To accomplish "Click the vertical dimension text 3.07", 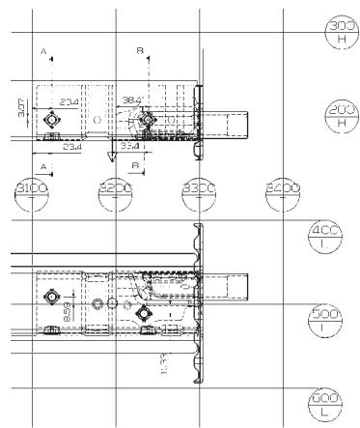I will [x=23, y=107].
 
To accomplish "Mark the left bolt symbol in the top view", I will [x=52, y=120].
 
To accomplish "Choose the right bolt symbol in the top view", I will [x=145, y=120].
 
